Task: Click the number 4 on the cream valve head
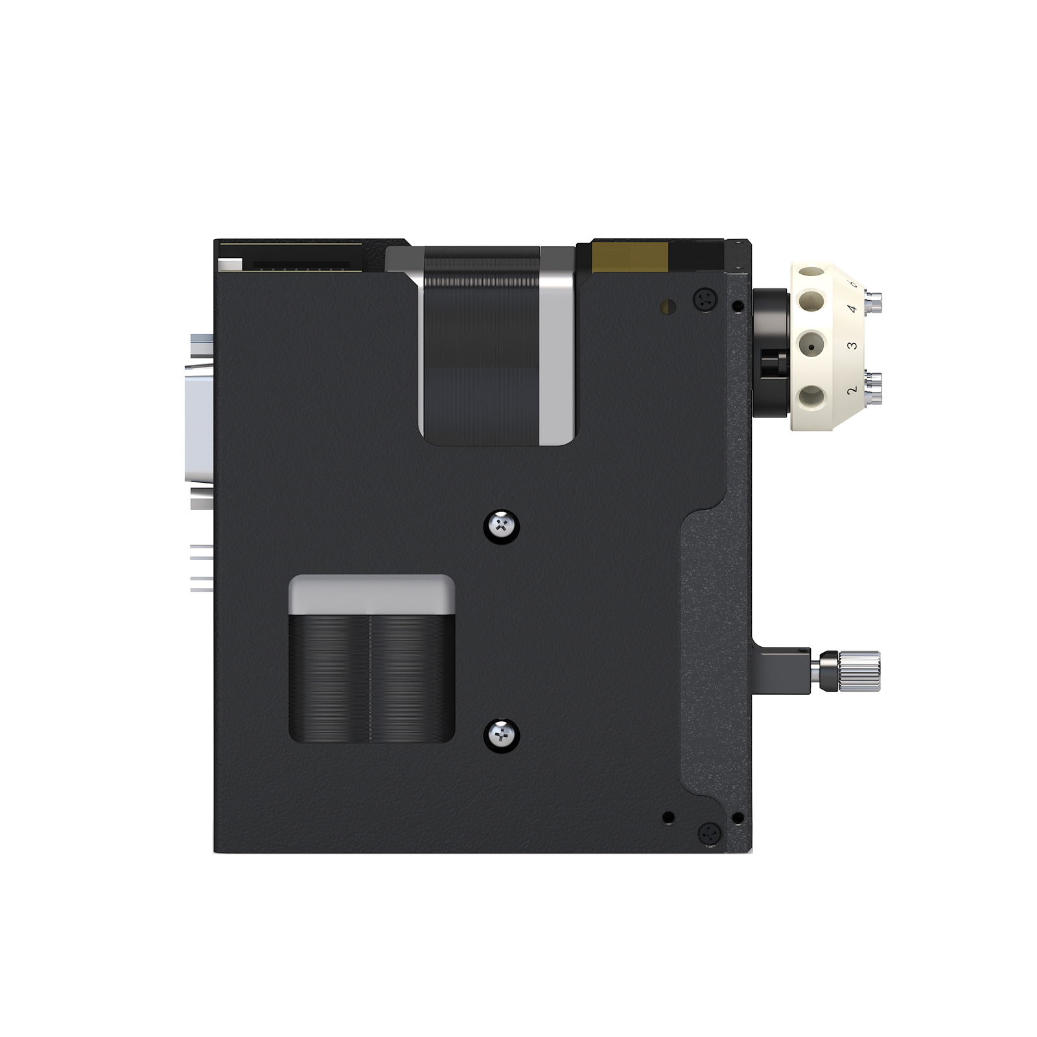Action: (x=852, y=309)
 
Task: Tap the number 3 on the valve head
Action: (x=852, y=345)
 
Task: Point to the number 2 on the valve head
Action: (x=852, y=390)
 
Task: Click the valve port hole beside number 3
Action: (x=811, y=347)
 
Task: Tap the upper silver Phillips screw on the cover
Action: (x=502, y=525)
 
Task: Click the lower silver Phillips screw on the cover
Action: (x=502, y=736)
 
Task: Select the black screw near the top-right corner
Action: (x=706, y=299)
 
